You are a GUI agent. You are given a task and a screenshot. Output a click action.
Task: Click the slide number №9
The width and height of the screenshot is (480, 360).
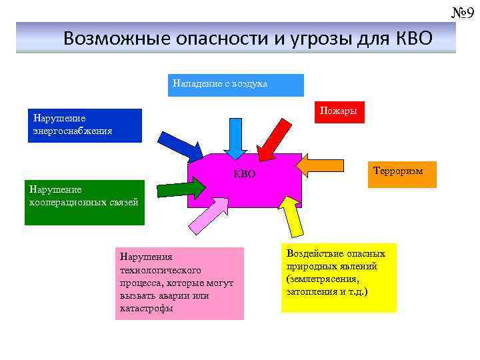pyautogui.click(x=462, y=11)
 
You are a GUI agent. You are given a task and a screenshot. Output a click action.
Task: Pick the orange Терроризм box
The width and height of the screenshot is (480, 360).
pyautogui.click(x=401, y=174)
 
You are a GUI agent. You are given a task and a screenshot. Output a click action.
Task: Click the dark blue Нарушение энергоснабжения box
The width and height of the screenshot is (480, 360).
pyautogui.click(x=85, y=125)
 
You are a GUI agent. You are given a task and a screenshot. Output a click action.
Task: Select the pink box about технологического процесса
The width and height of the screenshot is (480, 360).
pyautogui.click(x=179, y=283)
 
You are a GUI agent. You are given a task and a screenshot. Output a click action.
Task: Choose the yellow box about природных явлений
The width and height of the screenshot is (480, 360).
pyautogui.click(x=338, y=277)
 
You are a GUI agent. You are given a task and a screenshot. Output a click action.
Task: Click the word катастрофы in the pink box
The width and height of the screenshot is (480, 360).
pyautogui.click(x=147, y=309)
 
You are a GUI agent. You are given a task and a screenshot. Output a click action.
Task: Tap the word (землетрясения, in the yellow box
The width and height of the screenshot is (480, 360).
pyautogui.click(x=323, y=279)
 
